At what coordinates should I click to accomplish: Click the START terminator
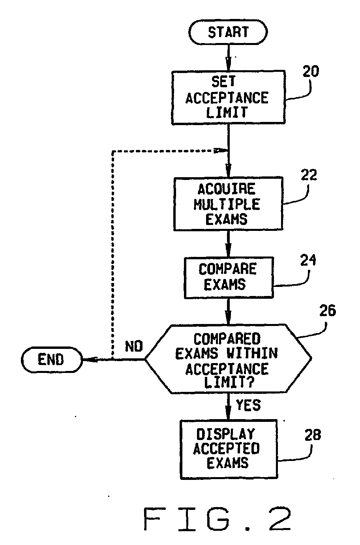228,32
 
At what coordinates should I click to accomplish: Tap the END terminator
52,360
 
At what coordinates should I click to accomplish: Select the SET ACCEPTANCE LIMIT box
228,97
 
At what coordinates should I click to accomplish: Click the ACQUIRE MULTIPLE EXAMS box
228,204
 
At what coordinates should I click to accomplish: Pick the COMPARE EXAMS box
229,277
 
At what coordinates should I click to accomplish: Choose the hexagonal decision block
228,359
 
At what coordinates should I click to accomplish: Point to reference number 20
311,71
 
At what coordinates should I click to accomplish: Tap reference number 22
309,175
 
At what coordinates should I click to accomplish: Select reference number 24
308,260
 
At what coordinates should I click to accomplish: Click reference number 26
328,311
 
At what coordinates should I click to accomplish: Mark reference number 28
313,435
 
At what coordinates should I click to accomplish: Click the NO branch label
134,346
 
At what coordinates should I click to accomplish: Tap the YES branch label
248,405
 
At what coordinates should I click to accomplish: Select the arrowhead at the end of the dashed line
221,151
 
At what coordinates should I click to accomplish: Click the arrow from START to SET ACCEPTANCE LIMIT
228,58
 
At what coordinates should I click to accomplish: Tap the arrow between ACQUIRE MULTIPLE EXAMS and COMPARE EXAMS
228,244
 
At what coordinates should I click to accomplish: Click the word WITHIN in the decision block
252,353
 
